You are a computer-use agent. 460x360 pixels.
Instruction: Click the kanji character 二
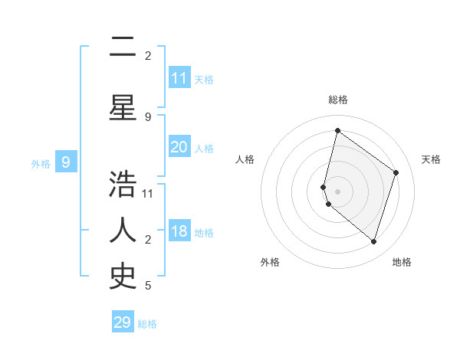[x=123, y=48]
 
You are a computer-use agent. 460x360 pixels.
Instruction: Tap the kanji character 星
[x=123, y=108]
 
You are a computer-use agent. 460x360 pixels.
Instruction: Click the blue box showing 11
[x=179, y=78]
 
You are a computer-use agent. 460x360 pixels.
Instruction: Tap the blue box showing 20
[x=179, y=147]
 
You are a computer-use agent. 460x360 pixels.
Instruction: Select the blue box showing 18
[x=179, y=232]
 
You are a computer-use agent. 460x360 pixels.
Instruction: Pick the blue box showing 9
[x=66, y=162]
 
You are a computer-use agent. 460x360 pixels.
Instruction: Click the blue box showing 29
[x=123, y=322]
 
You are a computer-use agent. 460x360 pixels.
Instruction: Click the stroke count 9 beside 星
[x=148, y=116]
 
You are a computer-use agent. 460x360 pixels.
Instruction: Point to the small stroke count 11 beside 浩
[x=148, y=193]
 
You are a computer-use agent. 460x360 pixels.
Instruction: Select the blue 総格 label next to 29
[x=147, y=324]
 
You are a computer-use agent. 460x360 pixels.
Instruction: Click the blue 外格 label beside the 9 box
[x=41, y=163]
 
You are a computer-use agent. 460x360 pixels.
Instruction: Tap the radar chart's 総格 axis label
[x=337, y=100]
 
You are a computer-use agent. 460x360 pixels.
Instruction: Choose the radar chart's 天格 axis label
[x=432, y=159]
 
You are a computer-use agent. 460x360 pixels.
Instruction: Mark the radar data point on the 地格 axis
[x=373, y=241]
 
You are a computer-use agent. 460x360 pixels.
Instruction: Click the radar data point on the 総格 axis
[x=337, y=130]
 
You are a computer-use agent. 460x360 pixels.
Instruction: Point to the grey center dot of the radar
[x=337, y=191]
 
